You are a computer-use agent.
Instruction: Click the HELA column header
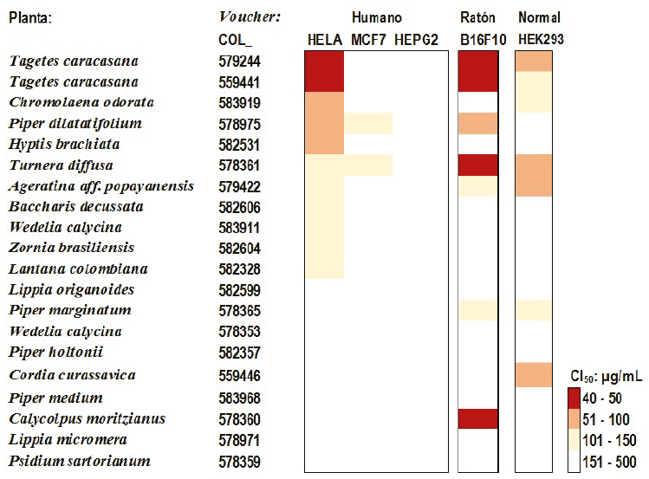325,40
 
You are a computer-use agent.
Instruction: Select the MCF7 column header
369,40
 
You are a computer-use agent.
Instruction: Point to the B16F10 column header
477,40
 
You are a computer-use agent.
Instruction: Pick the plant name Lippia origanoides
71,290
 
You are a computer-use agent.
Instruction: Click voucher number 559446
239,377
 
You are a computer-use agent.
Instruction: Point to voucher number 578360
239,419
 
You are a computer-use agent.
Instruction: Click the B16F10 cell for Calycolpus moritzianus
477,419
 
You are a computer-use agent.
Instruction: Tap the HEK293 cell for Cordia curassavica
534,376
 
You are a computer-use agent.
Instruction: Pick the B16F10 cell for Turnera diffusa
477,165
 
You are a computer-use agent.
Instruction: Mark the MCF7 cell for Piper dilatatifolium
368,124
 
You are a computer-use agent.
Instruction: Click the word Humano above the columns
376,18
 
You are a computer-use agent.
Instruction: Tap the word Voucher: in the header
250,18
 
